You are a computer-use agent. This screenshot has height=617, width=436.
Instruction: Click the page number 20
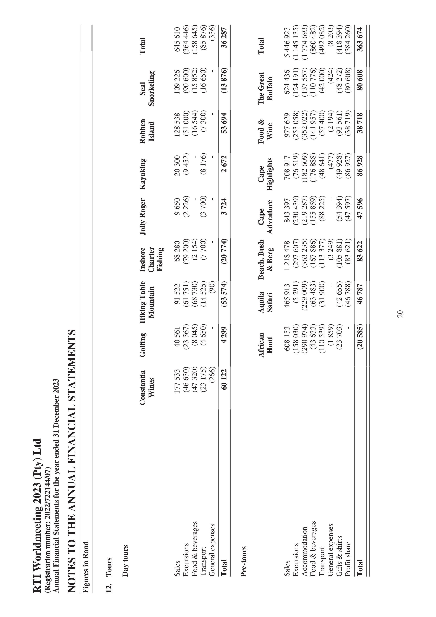coord(400,314)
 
